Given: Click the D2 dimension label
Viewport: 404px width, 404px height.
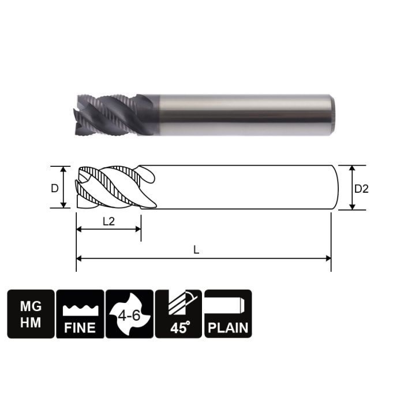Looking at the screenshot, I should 361,188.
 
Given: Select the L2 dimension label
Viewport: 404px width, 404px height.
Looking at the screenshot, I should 108,221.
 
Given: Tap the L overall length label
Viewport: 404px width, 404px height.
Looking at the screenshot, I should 197,250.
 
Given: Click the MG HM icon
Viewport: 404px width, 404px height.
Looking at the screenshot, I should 31,314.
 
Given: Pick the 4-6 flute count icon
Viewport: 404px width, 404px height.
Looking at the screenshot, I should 130,314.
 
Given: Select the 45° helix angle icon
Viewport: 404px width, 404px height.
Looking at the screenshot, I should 179,314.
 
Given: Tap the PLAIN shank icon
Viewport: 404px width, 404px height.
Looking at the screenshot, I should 228,314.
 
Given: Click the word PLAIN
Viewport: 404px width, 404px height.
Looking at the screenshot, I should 228,328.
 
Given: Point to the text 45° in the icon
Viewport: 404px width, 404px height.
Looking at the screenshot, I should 179,328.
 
